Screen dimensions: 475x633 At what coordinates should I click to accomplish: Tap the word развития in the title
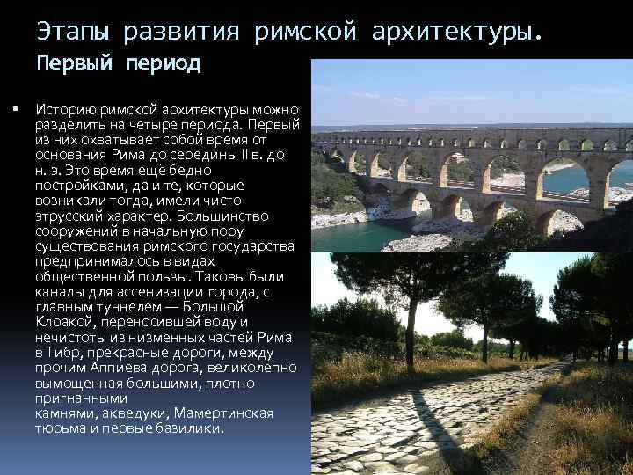[184, 33]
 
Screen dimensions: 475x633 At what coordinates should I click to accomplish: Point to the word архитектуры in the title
[456, 33]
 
